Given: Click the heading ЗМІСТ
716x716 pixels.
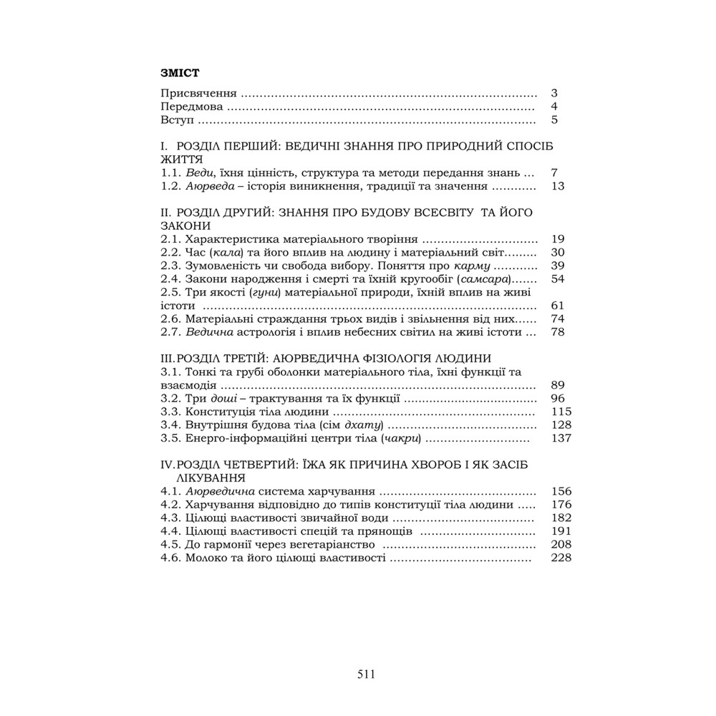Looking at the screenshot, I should (179, 72).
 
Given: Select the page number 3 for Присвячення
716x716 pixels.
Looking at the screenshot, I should (554, 94).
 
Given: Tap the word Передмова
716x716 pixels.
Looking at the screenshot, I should (192, 107).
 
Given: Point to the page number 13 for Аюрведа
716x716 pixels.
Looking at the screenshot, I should (559, 186).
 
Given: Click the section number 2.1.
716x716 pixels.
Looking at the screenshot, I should (170, 239).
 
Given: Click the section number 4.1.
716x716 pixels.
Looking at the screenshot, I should (170, 492).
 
